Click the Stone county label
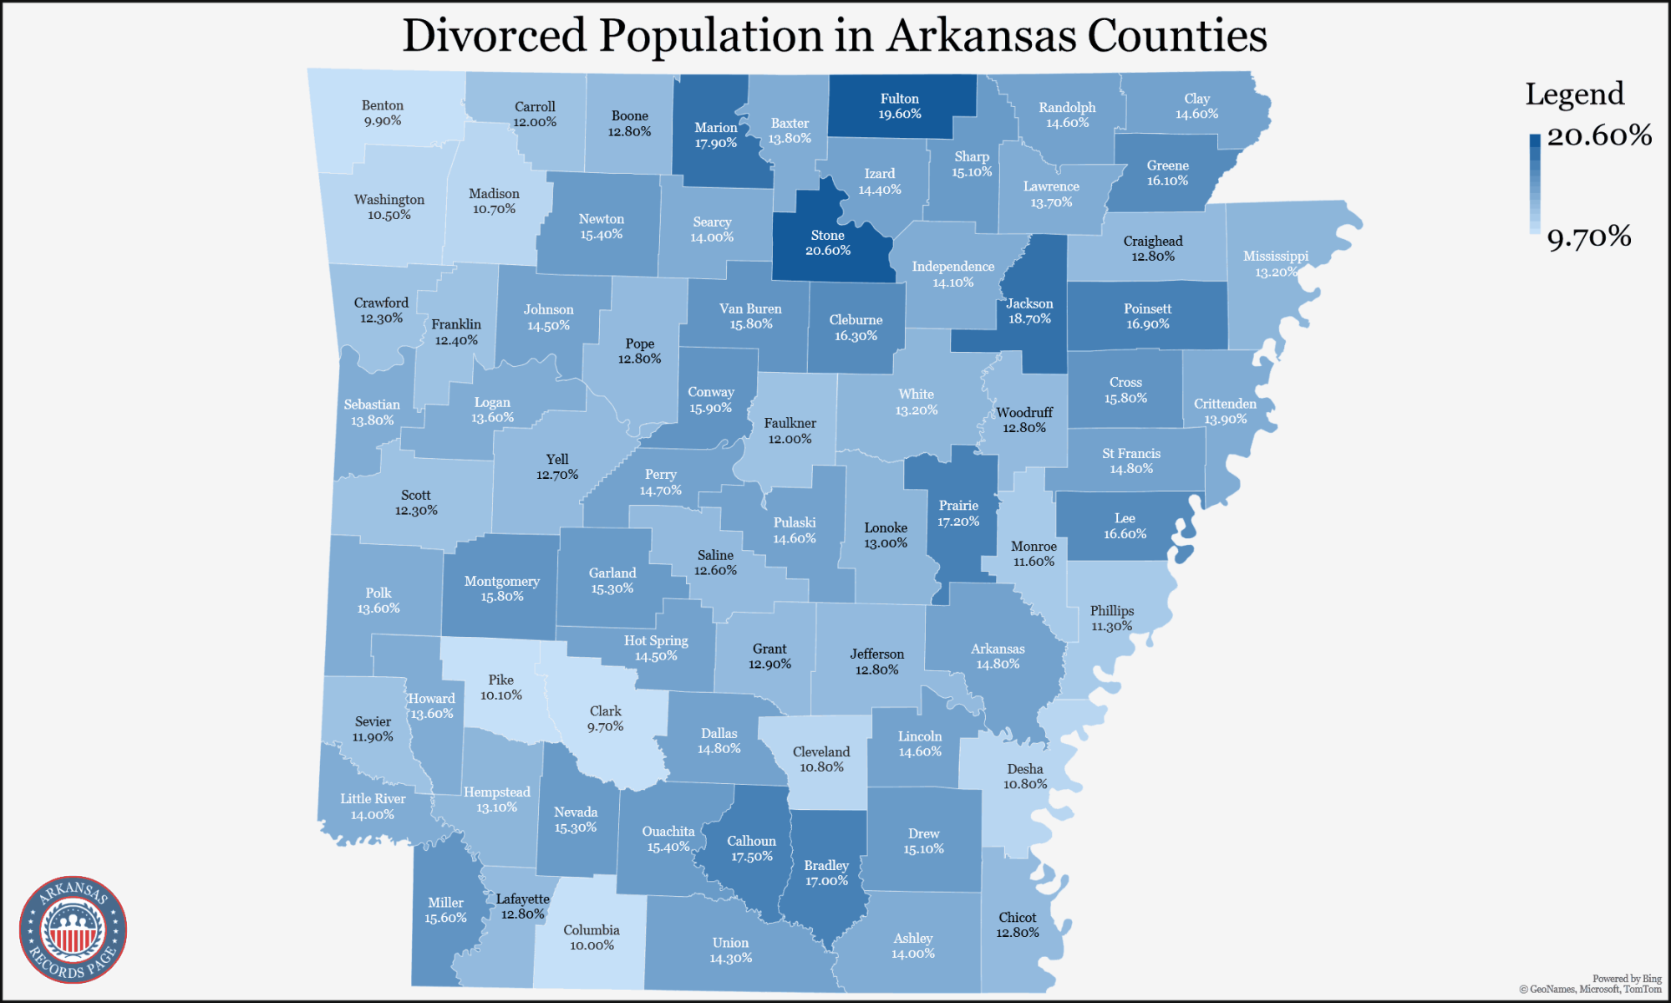[x=827, y=236]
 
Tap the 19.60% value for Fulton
[x=899, y=115]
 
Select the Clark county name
[x=605, y=711]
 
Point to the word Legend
[x=1574, y=94]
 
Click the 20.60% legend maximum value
[x=1598, y=135]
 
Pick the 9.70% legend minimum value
[x=1588, y=237]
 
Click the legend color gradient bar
[x=1534, y=184]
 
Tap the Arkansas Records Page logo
[x=74, y=929]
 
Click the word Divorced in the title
[x=494, y=37]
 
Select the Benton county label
[x=383, y=105]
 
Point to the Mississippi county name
[x=1275, y=257]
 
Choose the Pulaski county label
[x=794, y=523]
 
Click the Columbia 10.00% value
[x=592, y=946]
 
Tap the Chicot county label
[x=1017, y=918]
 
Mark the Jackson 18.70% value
[x=1029, y=319]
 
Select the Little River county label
[x=373, y=799]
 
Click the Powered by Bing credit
[x=1626, y=979]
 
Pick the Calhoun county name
[x=751, y=842]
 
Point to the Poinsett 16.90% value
[x=1147, y=324]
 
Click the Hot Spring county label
[x=656, y=641]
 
